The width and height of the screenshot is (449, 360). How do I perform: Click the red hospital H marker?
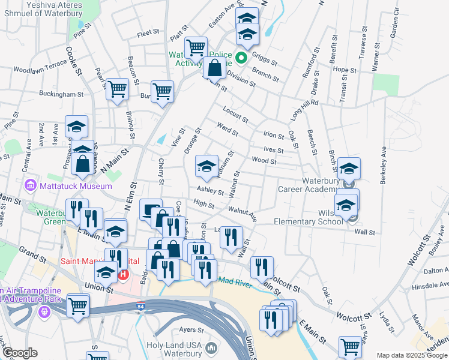pyautogui.click(x=123, y=275)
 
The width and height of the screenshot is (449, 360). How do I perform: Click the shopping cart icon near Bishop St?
pyautogui.click(x=117, y=89)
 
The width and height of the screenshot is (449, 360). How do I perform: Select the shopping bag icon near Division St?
pyautogui.click(x=214, y=68)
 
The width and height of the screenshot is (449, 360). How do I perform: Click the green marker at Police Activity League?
pyautogui.click(x=241, y=58)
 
